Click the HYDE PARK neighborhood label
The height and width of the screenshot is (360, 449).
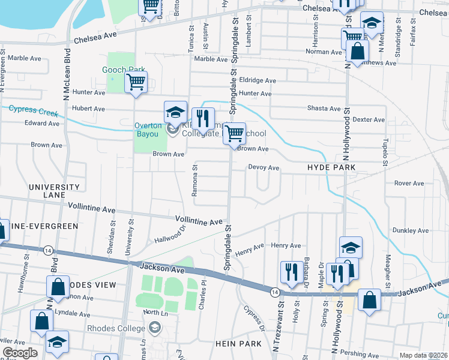(x=332, y=167)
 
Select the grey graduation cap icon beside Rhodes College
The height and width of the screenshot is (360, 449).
(x=155, y=328)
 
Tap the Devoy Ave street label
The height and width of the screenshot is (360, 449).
(x=264, y=168)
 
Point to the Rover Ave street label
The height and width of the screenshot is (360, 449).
(x=409, y=183)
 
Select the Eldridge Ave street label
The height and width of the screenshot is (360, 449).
(x=257, y=80)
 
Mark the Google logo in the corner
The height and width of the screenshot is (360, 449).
(x=19, y=353)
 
